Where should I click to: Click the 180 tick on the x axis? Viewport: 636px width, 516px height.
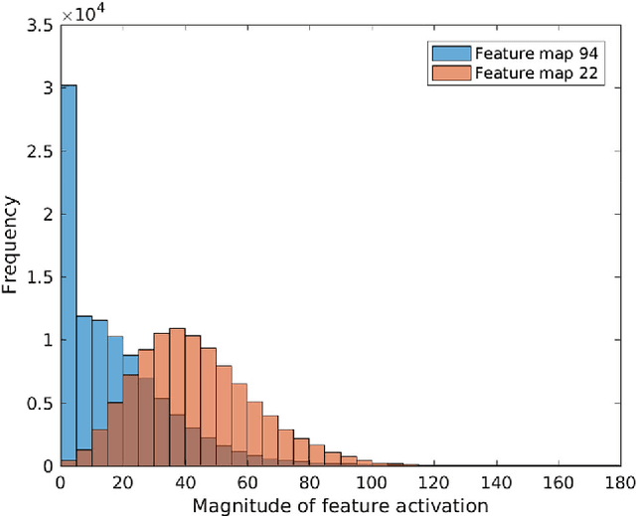619,482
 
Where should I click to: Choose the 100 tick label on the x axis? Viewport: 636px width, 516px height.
371,482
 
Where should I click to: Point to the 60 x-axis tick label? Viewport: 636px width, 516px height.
246,482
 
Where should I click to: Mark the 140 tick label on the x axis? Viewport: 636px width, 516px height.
495,482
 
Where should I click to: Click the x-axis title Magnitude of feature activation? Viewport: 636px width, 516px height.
340,505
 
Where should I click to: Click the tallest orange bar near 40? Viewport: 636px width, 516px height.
177,397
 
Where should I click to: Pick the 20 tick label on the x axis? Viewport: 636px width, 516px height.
122,482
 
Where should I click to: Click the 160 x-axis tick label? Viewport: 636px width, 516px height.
557,482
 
